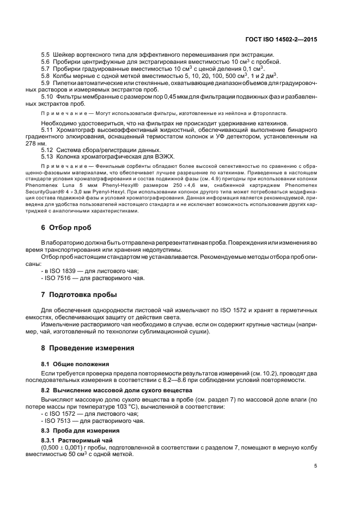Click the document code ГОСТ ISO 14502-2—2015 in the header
tap(281, 40)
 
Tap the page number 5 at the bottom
tap(316, 466)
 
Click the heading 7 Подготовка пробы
tap(76, 295)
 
